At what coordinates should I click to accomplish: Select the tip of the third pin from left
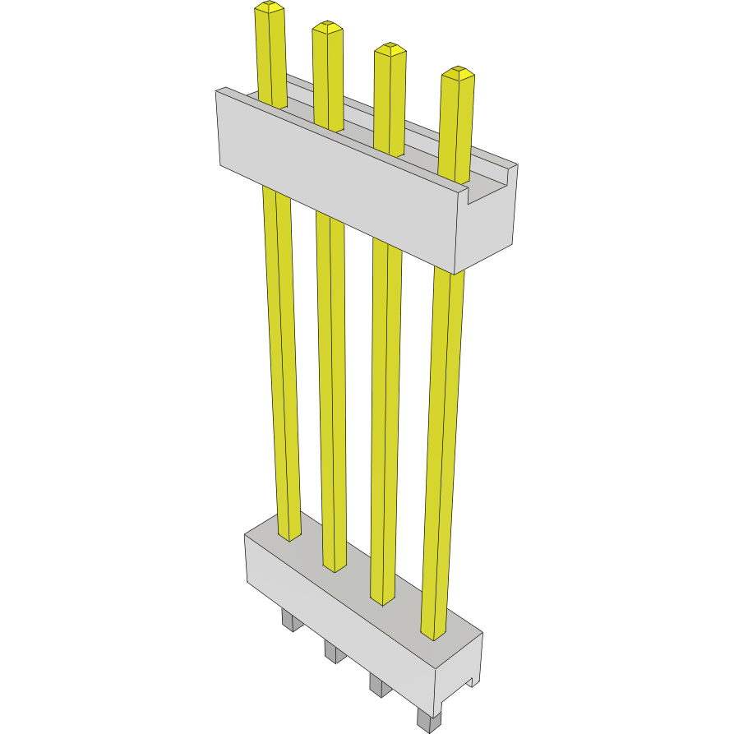(390, 49)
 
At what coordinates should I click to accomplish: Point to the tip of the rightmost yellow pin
(458, 73)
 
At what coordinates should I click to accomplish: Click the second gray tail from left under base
(333, 652)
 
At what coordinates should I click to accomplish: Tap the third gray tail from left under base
(378, 685)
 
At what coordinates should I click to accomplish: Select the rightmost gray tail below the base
(426, 721)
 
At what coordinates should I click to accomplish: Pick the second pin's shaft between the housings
(331, 386)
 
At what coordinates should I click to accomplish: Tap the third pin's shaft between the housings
(385, 411)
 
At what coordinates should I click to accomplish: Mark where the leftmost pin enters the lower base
(289, 534)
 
